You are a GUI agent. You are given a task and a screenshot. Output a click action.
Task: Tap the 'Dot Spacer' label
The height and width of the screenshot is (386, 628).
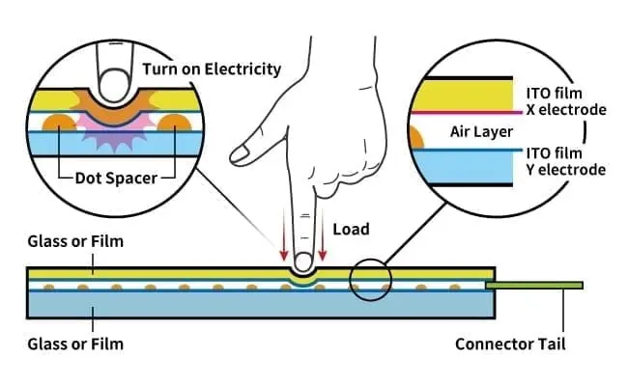click(x=115, y=177)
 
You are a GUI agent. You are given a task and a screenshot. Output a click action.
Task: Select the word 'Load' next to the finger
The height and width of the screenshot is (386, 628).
click(x=349, y=230)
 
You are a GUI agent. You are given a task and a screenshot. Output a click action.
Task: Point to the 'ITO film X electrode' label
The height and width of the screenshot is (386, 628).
click(x=564, y=100)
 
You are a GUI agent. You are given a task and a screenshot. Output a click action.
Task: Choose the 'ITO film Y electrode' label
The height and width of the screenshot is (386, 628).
click(x=564, y=160)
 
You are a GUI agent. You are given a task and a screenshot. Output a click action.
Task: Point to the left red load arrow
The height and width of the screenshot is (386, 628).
click(x=283, y=247)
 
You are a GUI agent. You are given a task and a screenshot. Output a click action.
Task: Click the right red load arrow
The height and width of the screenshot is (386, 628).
click(x=323, y=247)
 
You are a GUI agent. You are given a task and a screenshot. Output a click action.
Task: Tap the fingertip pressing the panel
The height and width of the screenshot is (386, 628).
click(x=303, y=262)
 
